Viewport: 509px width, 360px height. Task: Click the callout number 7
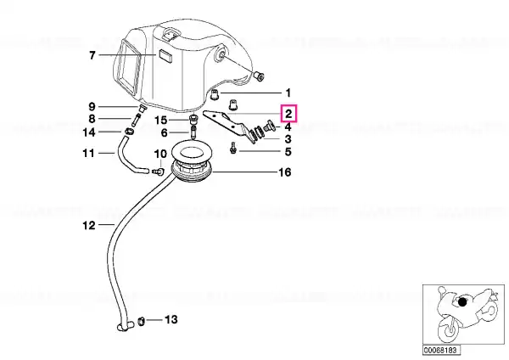tap(92, 55)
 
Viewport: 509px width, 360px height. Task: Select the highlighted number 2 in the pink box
tap(288, 114)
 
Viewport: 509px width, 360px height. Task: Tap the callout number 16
tap(285, 172)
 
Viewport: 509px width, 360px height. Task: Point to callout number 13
tap(171, 320)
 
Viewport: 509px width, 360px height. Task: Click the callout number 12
tap(89, 225)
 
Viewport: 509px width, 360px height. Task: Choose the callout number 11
tap(88, 153)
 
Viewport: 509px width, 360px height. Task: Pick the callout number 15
tap(160, 121)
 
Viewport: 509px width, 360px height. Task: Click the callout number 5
tap(288, 152)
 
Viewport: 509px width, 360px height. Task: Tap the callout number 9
tap(92, 107)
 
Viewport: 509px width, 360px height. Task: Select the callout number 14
tap(88, 132)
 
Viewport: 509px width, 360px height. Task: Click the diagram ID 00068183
tap(440, 351)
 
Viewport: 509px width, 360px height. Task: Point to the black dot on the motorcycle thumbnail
tap(462, 302)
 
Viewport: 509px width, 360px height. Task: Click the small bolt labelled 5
tap(232, 148)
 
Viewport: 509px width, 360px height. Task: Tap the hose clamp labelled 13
tap(142, 321)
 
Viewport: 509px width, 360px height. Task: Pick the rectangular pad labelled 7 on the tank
tap(165, 56)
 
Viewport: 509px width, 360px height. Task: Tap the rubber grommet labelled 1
tap(215, 94)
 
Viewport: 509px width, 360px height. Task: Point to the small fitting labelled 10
tap(159, 172)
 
